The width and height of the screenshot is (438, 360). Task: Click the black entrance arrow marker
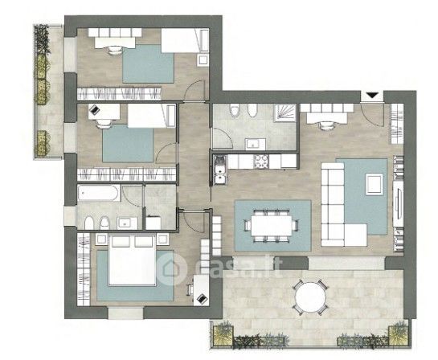pos(372,96)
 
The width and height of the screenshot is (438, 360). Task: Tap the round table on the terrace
pos(310,297)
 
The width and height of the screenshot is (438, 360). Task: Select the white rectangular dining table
pos(272,226)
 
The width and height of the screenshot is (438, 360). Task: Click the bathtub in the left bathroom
pos(98,192)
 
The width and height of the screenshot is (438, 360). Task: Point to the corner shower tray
pos(284,113)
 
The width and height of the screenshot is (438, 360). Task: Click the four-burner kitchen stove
pos(261,162)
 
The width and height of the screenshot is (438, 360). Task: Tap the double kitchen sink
pos(221,170)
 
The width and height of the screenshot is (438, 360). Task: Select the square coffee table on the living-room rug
pos(375,184)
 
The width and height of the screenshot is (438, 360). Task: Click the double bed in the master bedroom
pos(132,260)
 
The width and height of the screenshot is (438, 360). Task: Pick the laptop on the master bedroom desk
pos(202,299)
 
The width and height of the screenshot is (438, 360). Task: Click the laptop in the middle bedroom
pos(94,109)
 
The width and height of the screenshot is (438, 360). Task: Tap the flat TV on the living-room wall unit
pos(398,203)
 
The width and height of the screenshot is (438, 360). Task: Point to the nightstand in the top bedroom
pos(203,60)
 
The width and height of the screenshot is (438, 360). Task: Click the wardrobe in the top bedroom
pos(119,94)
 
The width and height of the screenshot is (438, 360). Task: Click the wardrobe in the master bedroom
pos(84,269)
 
